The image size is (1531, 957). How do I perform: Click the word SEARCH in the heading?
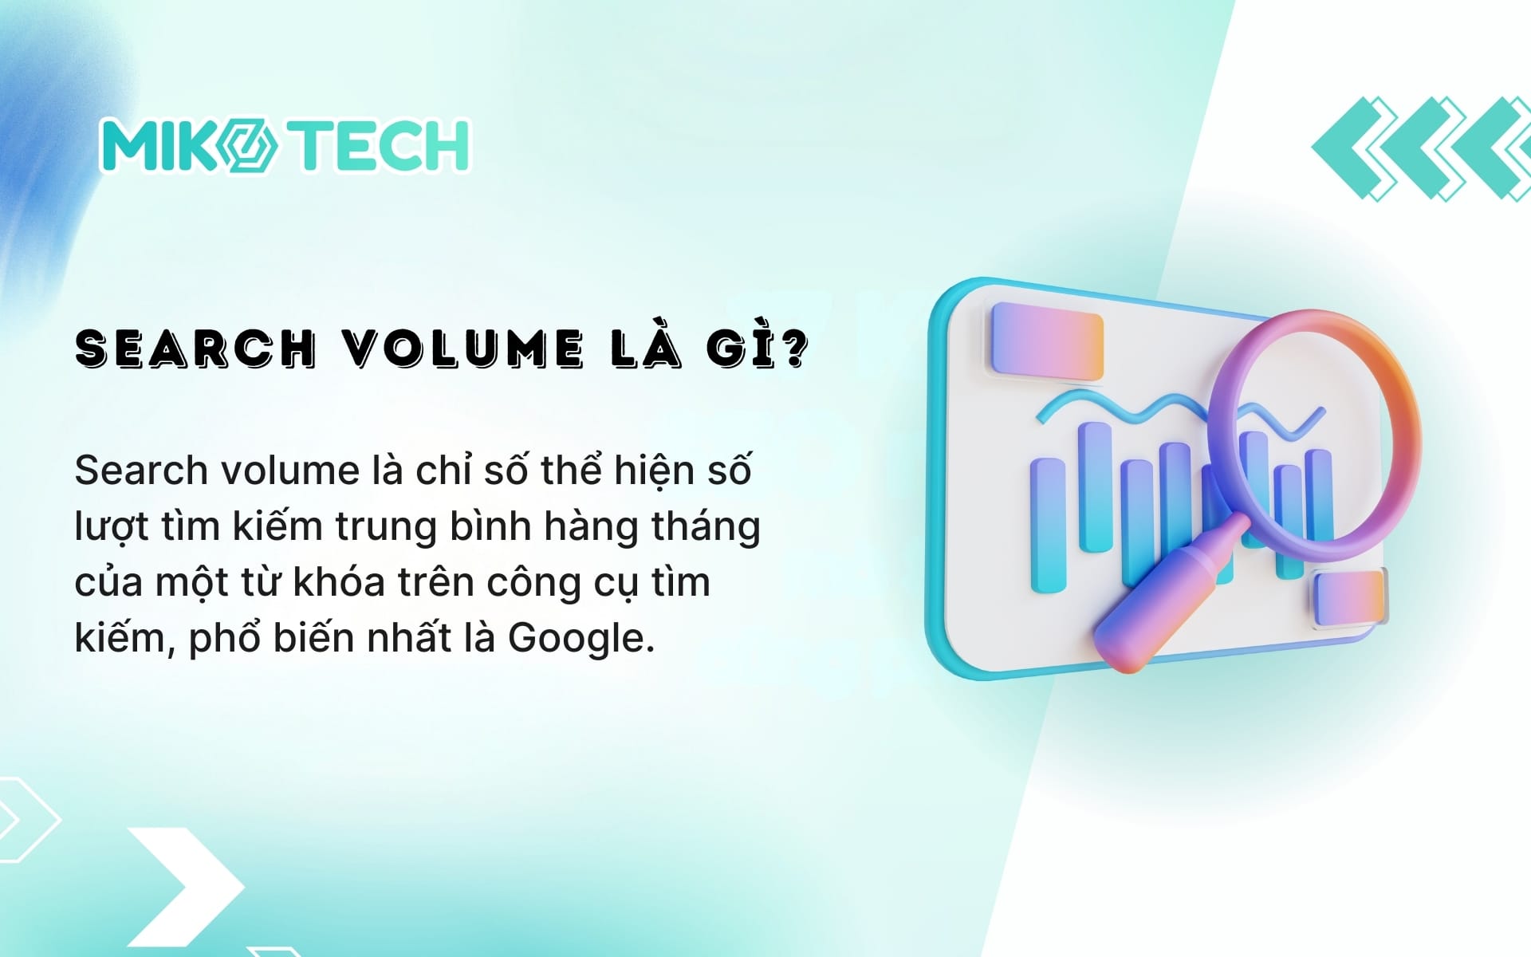point(195,349)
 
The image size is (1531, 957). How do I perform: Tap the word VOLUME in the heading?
point(464,349)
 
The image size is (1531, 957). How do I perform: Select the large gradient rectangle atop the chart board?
point(1046,343)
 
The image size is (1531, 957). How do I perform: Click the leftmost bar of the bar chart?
point(1048,525)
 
